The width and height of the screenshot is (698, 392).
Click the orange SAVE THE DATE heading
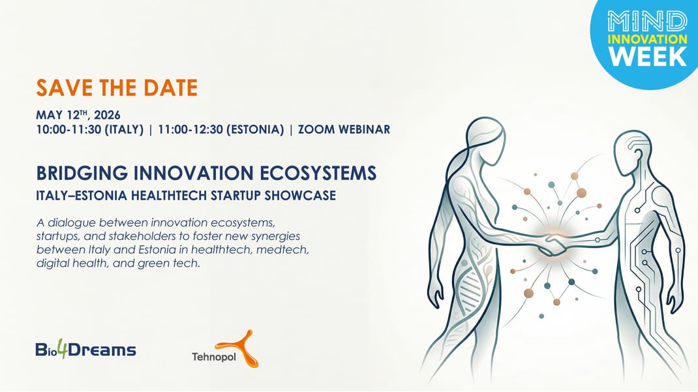116,87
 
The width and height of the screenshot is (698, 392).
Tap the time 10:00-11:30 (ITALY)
90,129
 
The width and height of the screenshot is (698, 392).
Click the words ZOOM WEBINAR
344,129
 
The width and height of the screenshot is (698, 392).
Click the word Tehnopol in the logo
209,357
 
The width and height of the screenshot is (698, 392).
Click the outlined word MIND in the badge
647,21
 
